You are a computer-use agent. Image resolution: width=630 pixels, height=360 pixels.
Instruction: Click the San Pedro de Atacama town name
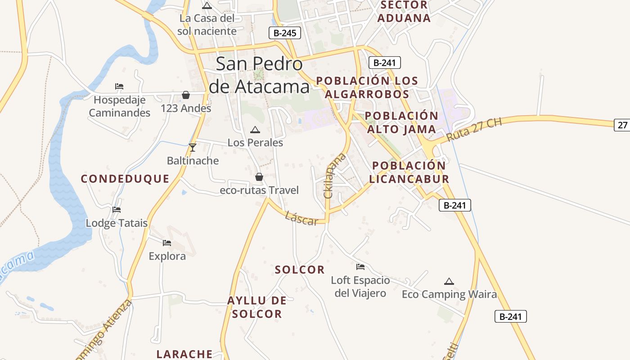pyautogui.click(x=260, y=75)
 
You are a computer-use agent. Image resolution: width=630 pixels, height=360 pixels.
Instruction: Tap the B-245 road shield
pyautogui.click(x=284, y=33)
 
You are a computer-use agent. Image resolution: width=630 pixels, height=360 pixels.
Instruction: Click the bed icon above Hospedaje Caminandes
pyautogui.click(x=119, y=86)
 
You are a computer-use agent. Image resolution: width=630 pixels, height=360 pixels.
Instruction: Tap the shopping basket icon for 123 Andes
pyautogui.click(x=185, y=95)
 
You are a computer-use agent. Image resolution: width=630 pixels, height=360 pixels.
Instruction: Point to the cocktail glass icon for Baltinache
pyautogui.click(x=193, y=147)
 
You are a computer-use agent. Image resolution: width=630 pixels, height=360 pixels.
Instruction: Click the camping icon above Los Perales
pyautogui.click(x=255, y=130)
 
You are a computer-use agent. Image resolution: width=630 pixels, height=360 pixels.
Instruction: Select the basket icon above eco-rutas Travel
pyautogui.click(x=259, y=177)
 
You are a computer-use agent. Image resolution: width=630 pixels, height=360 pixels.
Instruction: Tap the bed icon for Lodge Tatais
pyautogui.click(x=117, y=210)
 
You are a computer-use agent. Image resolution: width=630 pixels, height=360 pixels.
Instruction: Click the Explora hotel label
pyautogui.click(x=167, y=256)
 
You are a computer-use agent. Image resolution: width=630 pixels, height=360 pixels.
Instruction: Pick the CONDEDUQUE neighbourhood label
pyautogui.click(x=125, y=179)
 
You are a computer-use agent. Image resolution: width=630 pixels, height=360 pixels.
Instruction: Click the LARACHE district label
pyautogui.click(x=184, y=354)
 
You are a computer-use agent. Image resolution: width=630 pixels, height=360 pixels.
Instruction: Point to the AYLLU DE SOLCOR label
pyautogui.click(x=257, y=307)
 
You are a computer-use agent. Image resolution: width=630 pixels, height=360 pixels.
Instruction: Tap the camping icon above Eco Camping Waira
pyautogui.click(x=449, y=282)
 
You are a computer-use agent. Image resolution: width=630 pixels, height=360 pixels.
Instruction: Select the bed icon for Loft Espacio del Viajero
pyautogui.click(x=360, y=267)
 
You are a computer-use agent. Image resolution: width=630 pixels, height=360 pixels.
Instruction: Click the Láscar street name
pyautogui.click(x=301, y=218)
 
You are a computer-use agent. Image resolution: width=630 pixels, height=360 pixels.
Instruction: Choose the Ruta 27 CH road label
pyautogui.click(x=474, y=130)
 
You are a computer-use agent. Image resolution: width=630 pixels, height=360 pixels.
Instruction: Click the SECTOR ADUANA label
pyautogui.click(x=404, y=12)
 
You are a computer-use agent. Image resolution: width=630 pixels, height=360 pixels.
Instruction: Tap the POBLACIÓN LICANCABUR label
pyautogui.click(x=409, y=172)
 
